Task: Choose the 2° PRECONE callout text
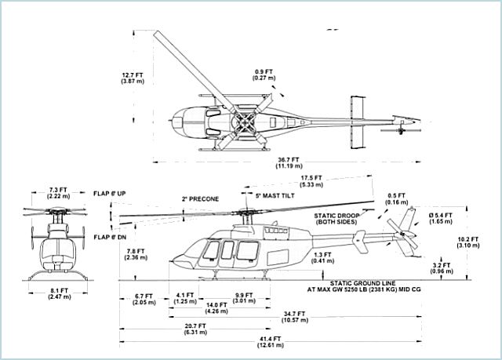point(200,198)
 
